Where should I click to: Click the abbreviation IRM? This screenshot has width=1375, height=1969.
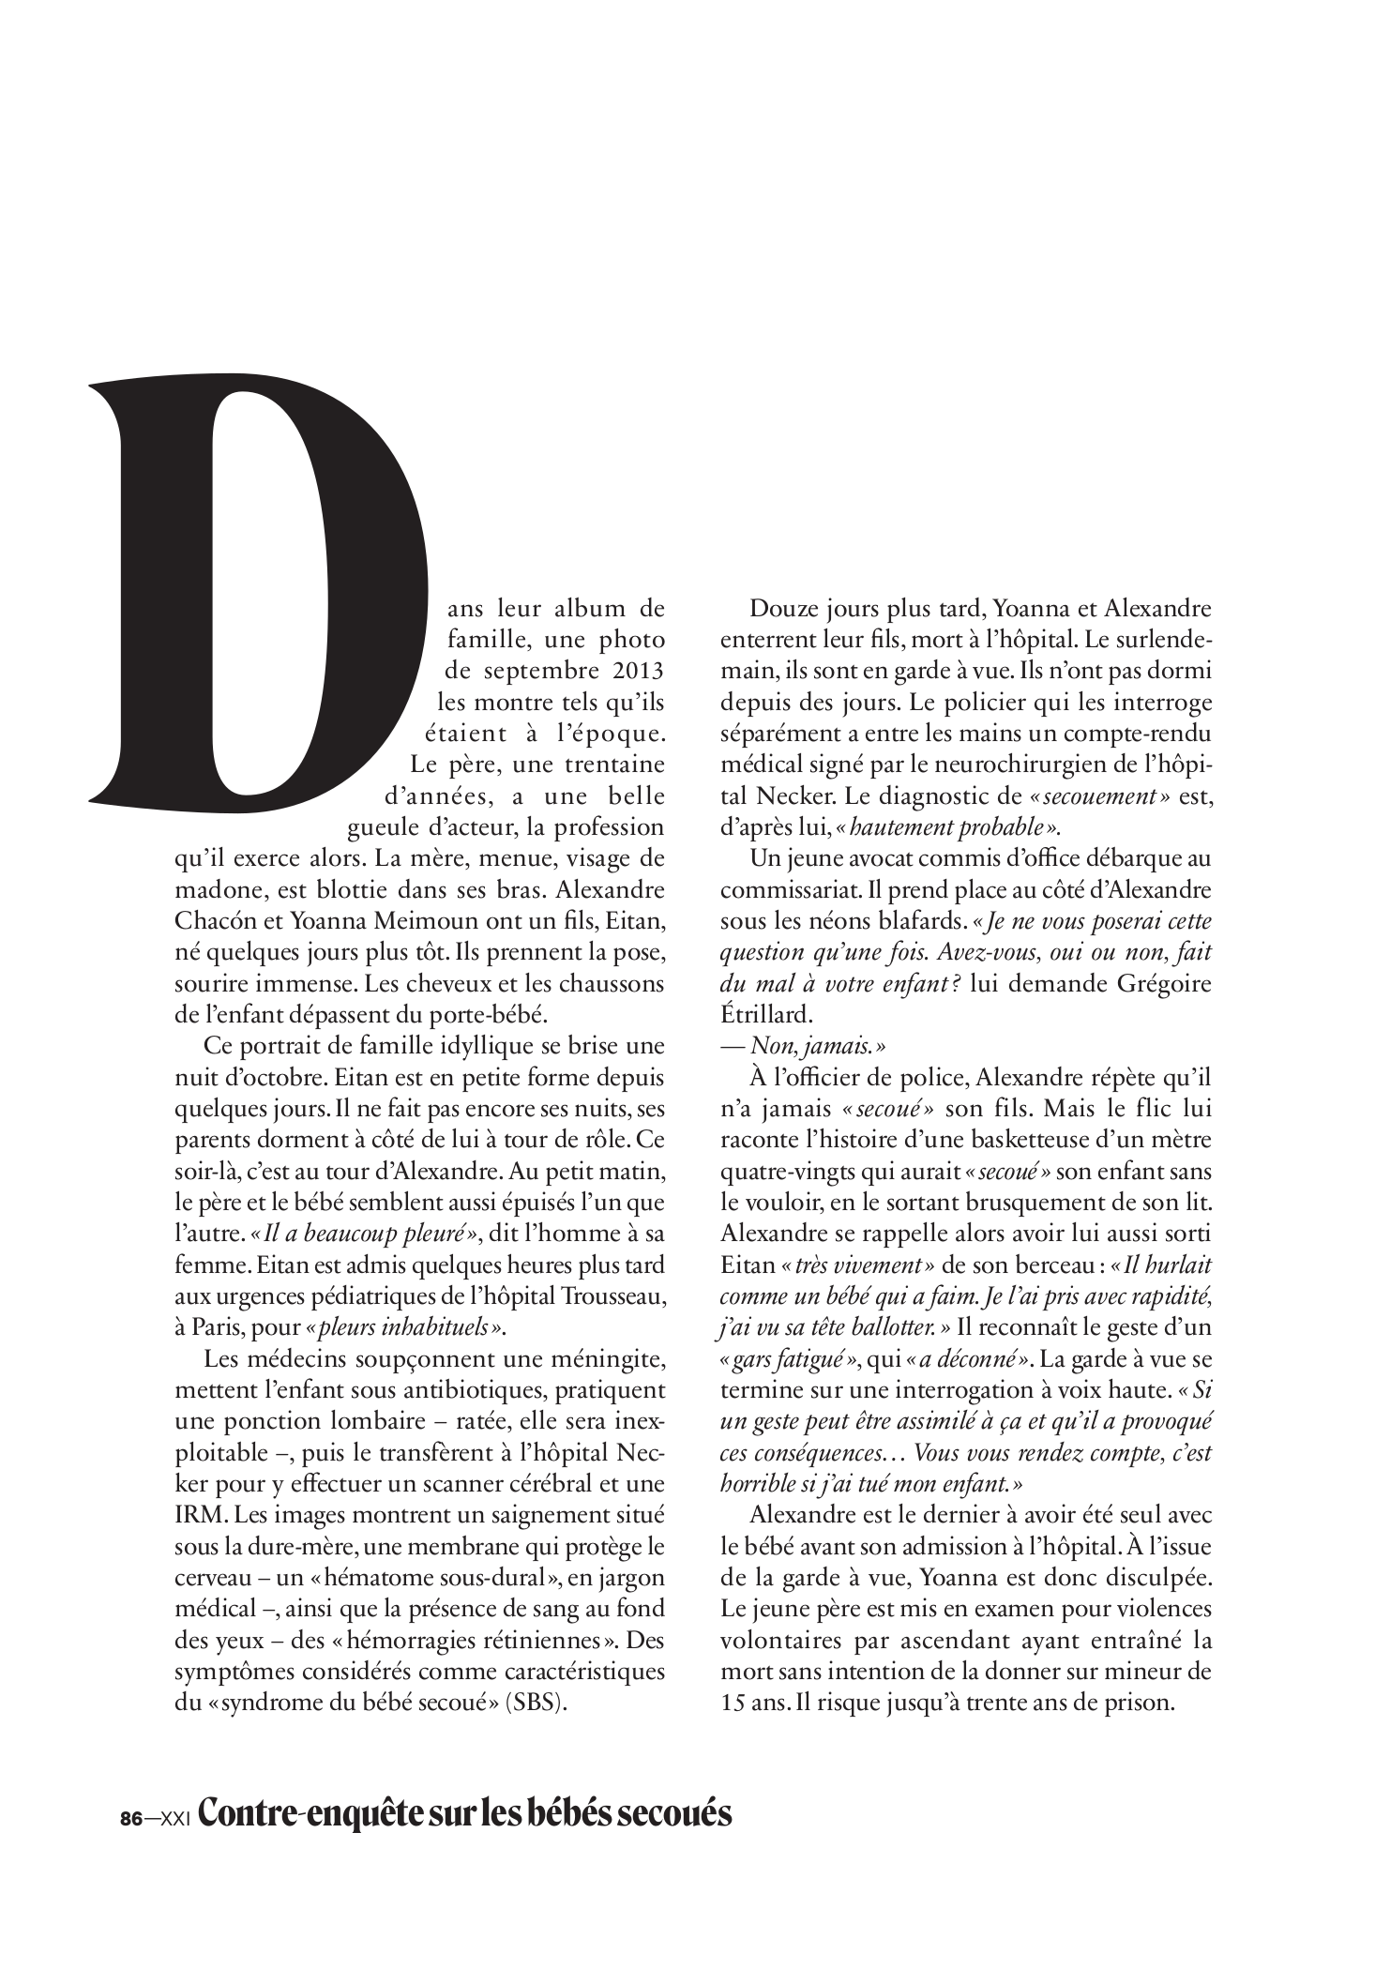tap(195, 1513)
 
